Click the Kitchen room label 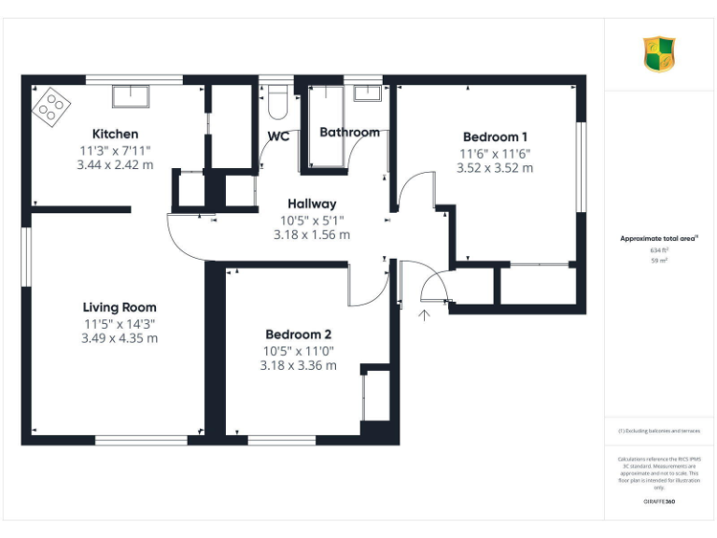[115, 134]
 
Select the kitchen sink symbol [128, 95]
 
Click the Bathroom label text [349, 133]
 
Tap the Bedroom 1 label [495, 136]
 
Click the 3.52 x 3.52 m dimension [495, 168]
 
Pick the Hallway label [312, 204]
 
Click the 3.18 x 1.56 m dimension [312, 234]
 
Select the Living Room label [119, 307]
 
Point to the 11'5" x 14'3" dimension [119, 323]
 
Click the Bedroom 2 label [298, 334]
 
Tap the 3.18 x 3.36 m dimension [298, 365]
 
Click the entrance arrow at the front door [425, 315]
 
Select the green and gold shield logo [658, 54]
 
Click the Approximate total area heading [657, 239]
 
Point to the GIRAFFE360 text [658, 503]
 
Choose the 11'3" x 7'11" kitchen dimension [115, 149]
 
